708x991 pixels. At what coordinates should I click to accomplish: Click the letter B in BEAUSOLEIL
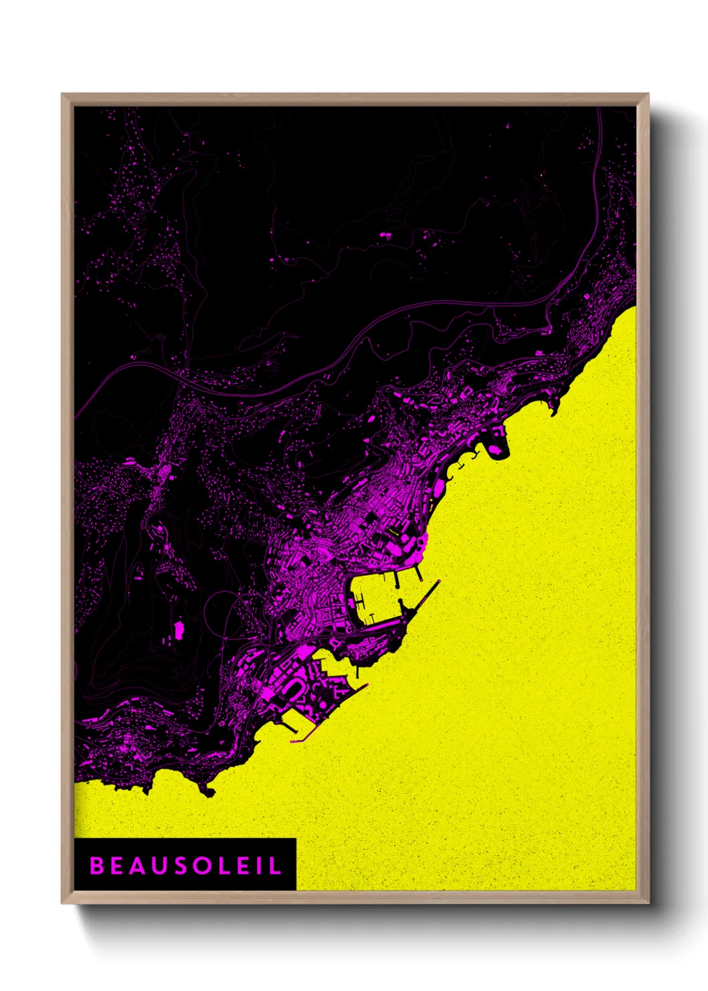97,866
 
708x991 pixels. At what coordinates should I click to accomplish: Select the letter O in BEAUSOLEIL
203,866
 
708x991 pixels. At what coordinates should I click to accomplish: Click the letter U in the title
160,866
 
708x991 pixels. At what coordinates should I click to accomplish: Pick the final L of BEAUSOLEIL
274,866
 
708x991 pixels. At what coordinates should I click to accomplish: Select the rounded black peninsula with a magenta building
497,448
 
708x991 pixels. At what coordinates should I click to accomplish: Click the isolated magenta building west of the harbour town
179,629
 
